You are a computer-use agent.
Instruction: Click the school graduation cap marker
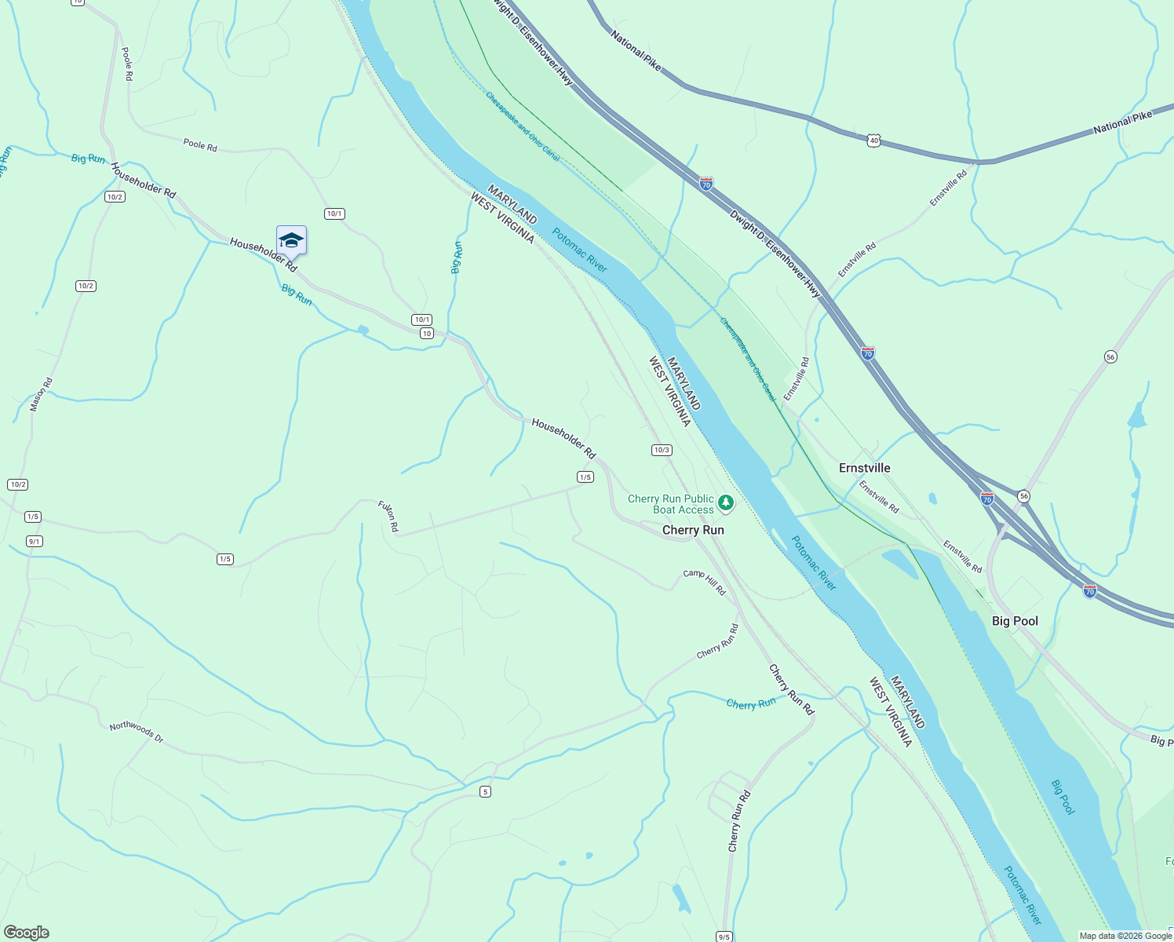[291, 240]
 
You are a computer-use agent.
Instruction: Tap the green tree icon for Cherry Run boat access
[727, 502]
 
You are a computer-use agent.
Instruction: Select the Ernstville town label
[864, 468]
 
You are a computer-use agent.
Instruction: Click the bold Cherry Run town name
[693, 530]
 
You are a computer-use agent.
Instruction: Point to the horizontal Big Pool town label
[1015, 621]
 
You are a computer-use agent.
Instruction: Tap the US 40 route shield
[874, 141]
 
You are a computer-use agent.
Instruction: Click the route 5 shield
[486, 791]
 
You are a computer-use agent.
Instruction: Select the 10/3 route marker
[662, 450]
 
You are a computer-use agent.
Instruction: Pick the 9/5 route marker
[724, 937]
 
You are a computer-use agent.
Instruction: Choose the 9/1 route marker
[35, 541]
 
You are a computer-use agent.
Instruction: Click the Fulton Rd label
[388, 516]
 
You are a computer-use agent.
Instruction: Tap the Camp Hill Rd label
[704, 582]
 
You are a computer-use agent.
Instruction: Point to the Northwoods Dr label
[136, 732]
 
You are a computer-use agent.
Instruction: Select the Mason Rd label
[41, 394]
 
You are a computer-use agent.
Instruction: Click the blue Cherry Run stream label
[750, 703]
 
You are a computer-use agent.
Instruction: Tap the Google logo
[25, 933]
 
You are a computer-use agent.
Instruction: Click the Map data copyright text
[1125, 936]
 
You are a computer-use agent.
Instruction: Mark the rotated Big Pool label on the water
[1062, 797]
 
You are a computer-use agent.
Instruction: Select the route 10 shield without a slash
[426, 334]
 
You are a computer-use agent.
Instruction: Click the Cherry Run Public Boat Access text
[671, 504]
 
